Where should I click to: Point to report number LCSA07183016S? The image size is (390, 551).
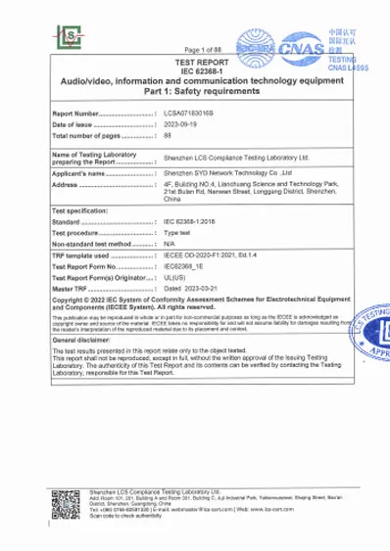point(192,115)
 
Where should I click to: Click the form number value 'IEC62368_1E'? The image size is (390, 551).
point(184,265)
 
